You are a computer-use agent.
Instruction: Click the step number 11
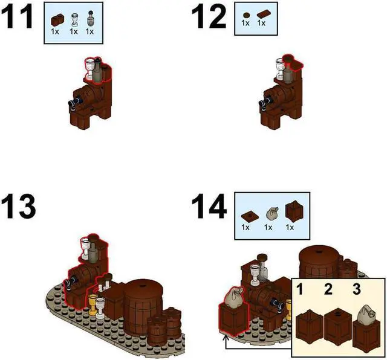pos(18,18)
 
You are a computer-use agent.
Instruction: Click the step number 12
pos(208,18)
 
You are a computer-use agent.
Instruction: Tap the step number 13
pos(18,207)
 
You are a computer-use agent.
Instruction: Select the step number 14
pos(209,207)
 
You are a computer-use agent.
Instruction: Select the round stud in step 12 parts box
pos(245,14)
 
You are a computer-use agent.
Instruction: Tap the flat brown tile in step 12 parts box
pos(262,14)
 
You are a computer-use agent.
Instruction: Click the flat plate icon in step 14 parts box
pos(246,214)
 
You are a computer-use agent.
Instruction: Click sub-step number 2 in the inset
pos(328,289)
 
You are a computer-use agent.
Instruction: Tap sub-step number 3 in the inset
pos(357,289)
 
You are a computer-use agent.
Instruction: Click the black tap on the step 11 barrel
pos(71,103)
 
